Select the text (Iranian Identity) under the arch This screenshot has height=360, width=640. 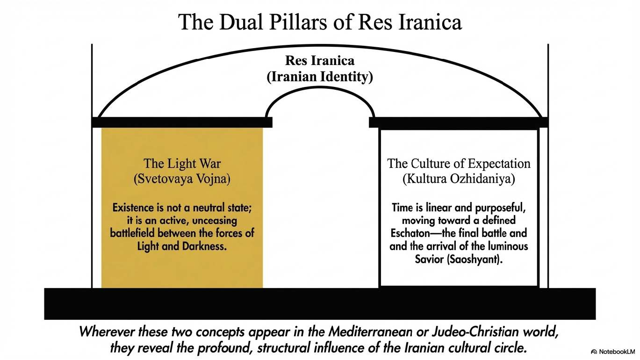click(320, 77)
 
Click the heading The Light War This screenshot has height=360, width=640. click(182, 164)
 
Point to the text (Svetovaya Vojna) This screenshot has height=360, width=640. click(182, 180)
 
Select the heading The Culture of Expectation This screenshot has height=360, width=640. click(459, 164)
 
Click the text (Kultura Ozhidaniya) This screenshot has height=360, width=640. click(459, 180)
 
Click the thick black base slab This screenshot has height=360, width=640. click(320, 303)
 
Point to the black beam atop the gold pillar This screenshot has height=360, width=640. click(182, 122)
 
